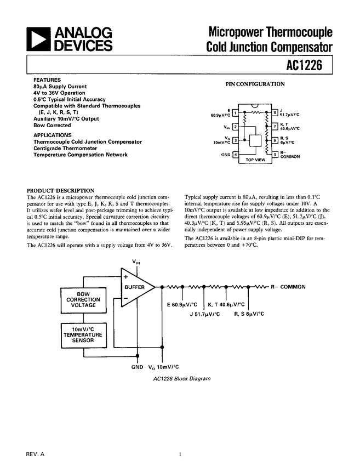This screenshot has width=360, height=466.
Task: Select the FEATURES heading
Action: (x=47, y=80)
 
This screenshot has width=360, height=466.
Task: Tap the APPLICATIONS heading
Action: (x=52, y=135)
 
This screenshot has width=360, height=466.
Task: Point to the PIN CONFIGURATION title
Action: (x=255, y=84)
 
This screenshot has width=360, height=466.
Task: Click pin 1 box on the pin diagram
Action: (x=235, y=114)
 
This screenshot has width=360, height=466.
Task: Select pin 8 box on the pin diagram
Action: (x=275, y=114)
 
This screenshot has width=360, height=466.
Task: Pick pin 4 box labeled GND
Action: (x=235, y=155)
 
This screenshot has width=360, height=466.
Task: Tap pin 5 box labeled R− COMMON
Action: (x=275, y=155)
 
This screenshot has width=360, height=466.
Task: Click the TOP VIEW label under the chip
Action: (x=255, y=160)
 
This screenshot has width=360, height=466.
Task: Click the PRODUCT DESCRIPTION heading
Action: (x=60, y=190)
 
